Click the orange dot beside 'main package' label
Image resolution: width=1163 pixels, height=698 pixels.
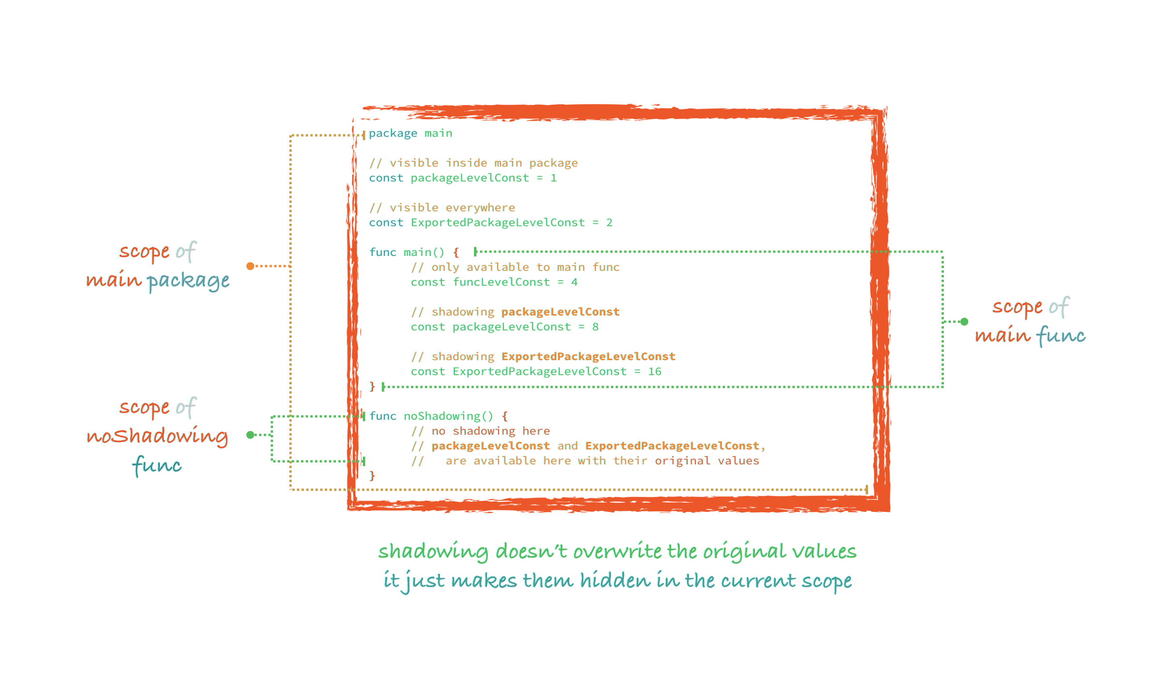(x=250, y=266)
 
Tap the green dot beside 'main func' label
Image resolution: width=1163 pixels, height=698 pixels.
(x=964, y=321)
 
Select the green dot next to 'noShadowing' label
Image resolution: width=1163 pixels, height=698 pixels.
(x=250, y=435)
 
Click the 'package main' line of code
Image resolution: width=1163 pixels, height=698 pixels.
(x=410, y=133)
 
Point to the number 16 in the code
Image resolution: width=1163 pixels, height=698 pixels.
(x=655, y=371)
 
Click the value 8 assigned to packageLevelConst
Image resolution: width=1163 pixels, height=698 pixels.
(x=595, y=327)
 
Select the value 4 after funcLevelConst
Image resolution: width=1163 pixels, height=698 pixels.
(x=574, y=282)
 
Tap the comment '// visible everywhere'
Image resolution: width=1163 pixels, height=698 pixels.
(x=442, y=207)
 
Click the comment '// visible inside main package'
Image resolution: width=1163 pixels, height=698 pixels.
(x=473, y=163)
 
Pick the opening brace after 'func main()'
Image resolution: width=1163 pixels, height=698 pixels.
(x=456, y=252)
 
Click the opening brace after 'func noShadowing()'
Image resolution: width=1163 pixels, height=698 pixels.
(x=505, y=416)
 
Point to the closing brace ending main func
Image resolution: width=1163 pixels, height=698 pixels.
(x=372, y=386)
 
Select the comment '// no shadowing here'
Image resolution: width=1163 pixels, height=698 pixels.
(x=480, y=431)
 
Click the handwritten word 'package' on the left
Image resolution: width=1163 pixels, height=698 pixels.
(x=188, y=281)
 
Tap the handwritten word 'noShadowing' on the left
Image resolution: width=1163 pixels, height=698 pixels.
(x=157, y=436)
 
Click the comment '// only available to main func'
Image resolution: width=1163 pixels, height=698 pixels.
(x=515, y=267)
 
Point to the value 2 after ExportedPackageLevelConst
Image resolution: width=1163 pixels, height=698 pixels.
(x=609, y=222)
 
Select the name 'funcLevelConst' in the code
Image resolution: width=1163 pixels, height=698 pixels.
(x=501, y=282)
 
